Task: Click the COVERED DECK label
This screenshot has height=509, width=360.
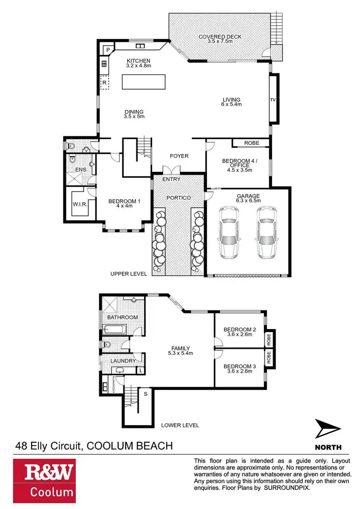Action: pyautogui.click(x=221, y=37)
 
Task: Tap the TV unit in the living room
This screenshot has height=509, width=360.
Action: pyautogui.click(x=273, y=100)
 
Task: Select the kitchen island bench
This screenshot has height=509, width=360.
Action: pyautogui.click(x=144, y=82)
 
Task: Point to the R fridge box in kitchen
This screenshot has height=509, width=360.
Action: pyautogui.click(x=104, y=83)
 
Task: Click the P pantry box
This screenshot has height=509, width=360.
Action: pyautogui.click(x=108, y=49)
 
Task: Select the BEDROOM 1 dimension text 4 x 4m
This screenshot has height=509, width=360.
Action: pyautogui.click(x=124, y=207)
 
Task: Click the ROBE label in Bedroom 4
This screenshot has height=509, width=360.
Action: pyautogui.click(x=252, y=143)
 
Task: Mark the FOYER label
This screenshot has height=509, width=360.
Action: pyautogui.click(x=180, y=156)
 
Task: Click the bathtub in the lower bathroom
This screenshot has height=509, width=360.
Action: pyautogui.click(x=115, y=330)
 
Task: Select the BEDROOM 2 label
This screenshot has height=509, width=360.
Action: pyautogui.click(x=240, y=329)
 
